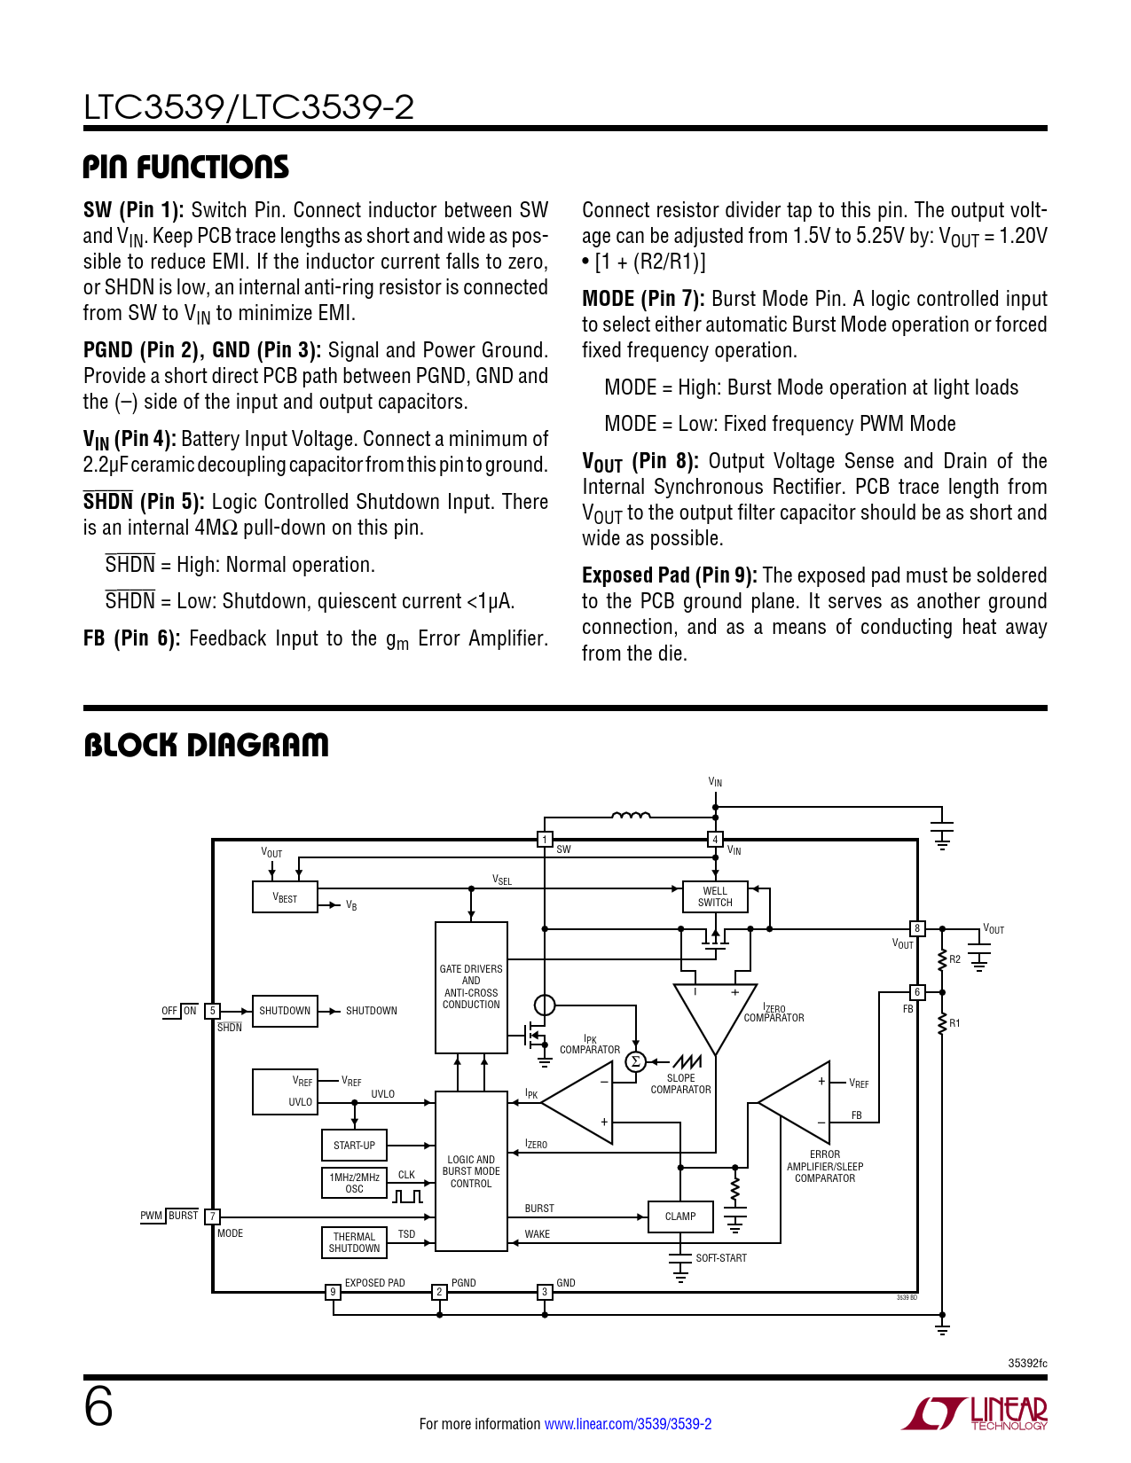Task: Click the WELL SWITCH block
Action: [x=715, y=897]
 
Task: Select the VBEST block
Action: [x=285, y=897]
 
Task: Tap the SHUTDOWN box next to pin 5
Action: [x=285, y=1011]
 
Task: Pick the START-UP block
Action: [x=354, y=1146]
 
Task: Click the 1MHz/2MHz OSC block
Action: [x=354, y=1183]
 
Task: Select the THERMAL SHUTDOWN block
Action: [x=354, y=1242]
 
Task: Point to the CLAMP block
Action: [x=680, y=1217]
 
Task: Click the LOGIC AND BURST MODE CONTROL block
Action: [x=471, y=1171]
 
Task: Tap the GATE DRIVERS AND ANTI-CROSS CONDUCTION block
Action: [x=471, y=987]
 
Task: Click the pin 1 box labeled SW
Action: [x=546, y=840]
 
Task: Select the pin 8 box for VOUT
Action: [x=917, y=928]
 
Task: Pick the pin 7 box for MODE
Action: [x=212, y=1217]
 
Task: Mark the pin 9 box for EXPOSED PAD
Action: [x=333, y=1292]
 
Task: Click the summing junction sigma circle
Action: [x=635, y=1061]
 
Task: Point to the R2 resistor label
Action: [x=954, y=959]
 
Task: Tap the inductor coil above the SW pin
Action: [x=631, y=815]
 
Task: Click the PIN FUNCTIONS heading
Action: [x=186, y=168]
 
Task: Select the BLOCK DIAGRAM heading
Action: [x=206, y=746]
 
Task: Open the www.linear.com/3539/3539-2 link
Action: [x=627, y=1424]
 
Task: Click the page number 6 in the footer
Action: [x=98, y=1407]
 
